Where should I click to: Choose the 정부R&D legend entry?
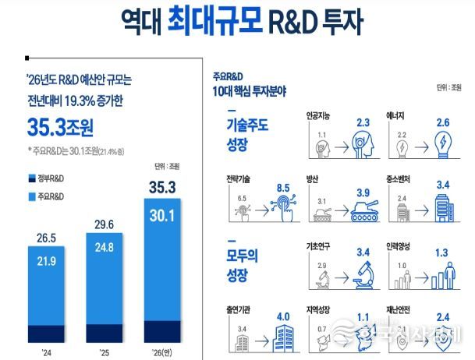point(48,179)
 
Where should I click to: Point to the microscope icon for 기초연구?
point(363,277)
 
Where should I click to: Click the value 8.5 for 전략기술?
point(288,188)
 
